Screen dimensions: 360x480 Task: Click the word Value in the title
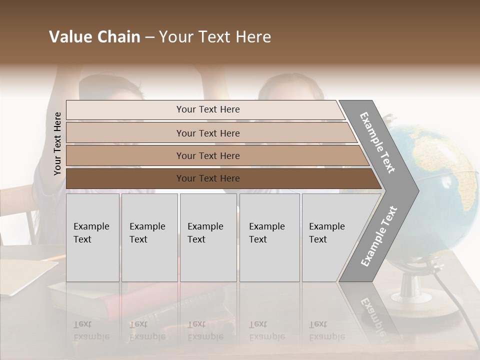click(x=70, y=37)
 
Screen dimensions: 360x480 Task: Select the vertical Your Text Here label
click(x=58, y=143)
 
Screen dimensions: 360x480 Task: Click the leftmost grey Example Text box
click(x=92, y=237)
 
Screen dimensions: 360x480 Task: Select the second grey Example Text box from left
click(x=149, y=237)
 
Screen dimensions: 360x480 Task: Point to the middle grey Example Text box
click(x=208, y=237)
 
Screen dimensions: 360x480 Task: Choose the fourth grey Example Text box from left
click(x=269, y=237)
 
